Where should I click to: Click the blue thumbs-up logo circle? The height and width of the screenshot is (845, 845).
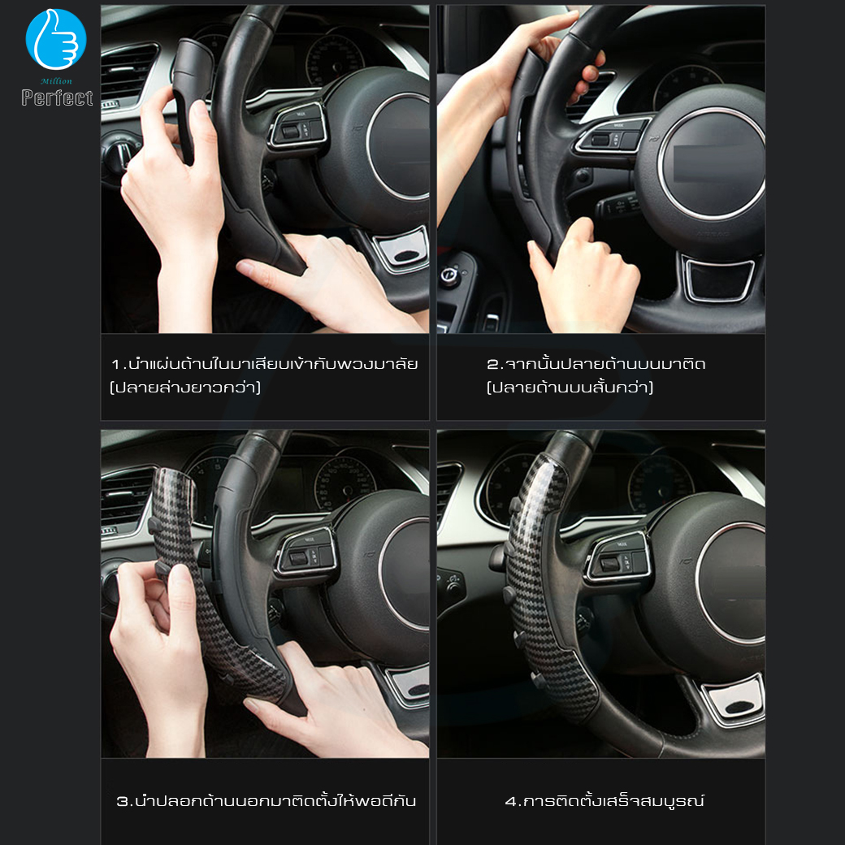point(56,39)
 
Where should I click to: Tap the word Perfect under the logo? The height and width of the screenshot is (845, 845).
point(57,98)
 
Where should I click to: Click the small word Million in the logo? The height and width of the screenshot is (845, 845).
point(56,81)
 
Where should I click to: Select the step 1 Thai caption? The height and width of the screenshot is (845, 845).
point(264,375)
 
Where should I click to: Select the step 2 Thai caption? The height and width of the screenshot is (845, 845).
point(596,375)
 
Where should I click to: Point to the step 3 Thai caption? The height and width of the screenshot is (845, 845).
point(266,800)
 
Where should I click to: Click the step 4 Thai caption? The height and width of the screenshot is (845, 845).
point(604,800)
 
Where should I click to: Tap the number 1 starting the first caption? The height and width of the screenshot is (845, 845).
point(115,365)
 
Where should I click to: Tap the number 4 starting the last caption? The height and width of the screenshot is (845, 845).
point(510,801)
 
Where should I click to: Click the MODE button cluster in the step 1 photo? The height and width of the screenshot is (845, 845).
point(297,128)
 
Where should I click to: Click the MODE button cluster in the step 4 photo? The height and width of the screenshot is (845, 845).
point(618,557)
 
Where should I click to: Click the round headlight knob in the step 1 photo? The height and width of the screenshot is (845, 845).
point(119,155)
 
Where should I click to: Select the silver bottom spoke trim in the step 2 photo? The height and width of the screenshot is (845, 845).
point(718,279)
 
